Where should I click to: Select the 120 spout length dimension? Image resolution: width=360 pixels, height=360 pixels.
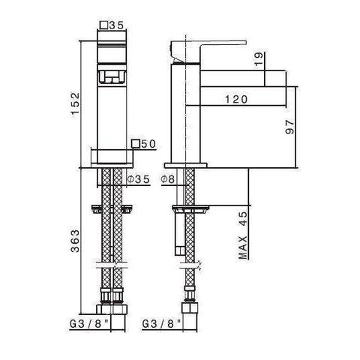(235, 98)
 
